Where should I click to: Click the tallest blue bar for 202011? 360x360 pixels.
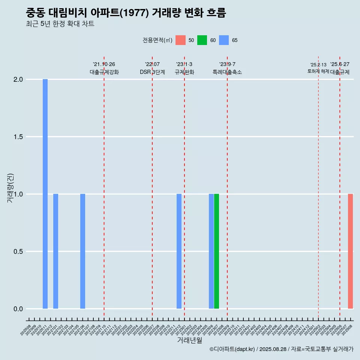click(45, 194)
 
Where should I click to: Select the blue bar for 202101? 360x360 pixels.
click(55, 251)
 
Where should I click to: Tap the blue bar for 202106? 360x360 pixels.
click(82, 251)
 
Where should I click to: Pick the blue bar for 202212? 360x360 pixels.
click(179, 251)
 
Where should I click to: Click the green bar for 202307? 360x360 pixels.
click(216, 251)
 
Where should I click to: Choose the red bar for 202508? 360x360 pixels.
click(350, 251)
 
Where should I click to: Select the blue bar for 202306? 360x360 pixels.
click(211, 251)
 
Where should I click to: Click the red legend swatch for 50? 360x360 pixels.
click(181, 40)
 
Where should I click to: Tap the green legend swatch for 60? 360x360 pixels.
click(202, 40)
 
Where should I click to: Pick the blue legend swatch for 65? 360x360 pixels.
click(224, 40)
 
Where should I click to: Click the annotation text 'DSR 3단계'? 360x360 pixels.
click(152, 72)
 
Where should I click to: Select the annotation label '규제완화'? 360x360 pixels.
click(184, 72)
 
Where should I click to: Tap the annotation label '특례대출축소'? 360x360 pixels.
click(227, 72)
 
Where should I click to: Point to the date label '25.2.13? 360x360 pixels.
click(318, 65)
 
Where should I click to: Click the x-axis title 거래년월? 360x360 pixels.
click(189, 340)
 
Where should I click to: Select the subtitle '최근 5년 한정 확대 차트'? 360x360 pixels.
click(60, 24)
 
